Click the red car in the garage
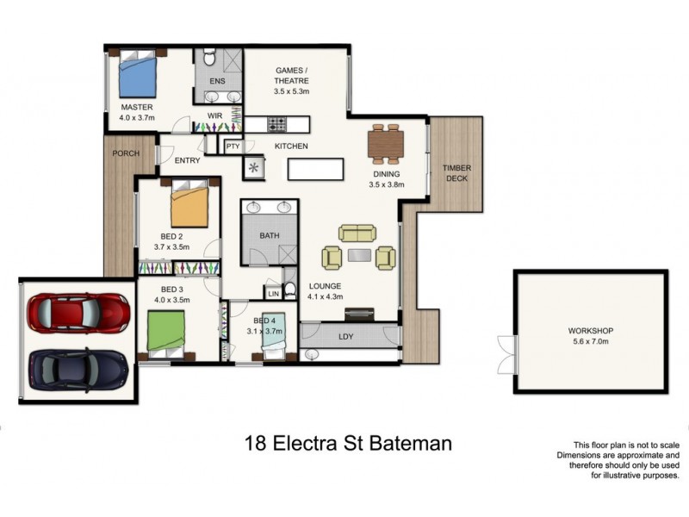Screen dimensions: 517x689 coord(78,313)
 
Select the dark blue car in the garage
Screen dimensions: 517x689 coord(78,369)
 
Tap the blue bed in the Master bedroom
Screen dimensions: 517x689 coord(139,76)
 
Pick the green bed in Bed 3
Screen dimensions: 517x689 coord(166,331)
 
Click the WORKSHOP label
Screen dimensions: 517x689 coord(590,331)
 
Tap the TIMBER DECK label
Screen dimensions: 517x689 coord(456,174)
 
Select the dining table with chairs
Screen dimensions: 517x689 coord(385,144)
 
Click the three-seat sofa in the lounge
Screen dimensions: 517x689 coord(357,233)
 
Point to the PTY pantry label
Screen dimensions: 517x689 coord(233,147)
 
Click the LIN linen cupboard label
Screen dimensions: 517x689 coord(274,295)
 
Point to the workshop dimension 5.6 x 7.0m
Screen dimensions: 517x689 coord(590,342)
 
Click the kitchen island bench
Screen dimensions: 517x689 coord(314,168)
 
